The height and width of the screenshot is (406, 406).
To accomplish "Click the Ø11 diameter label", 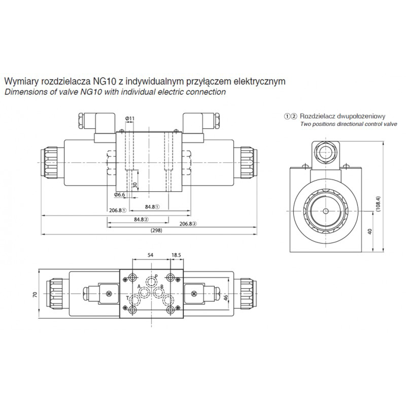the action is pos(130,119).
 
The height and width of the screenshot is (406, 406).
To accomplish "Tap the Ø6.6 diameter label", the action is pos(119,195).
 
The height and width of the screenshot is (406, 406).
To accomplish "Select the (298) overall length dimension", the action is pos(156,230).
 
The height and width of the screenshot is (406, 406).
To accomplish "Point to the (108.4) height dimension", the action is pos(378,204).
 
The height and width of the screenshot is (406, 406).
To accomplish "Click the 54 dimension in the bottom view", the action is pos(150,255).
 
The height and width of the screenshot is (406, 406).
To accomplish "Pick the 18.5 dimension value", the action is pos(176,255).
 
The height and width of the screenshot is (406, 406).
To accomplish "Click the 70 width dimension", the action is pos(35,295).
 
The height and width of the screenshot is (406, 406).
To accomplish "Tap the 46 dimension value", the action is pos(226,297).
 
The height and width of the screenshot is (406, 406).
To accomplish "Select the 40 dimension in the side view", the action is pos(370,231).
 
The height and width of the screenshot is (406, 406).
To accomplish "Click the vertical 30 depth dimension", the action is pos(135,185).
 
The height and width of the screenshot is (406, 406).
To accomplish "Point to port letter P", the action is pos(156,276).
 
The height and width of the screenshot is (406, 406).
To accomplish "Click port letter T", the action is pos(127,298).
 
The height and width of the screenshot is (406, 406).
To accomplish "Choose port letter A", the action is pos(139,286).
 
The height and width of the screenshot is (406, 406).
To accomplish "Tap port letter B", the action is pos(162,287).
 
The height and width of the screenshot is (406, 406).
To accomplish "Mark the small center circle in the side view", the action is pos(326,211).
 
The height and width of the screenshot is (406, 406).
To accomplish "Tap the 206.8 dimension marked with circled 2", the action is pos(188,224).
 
